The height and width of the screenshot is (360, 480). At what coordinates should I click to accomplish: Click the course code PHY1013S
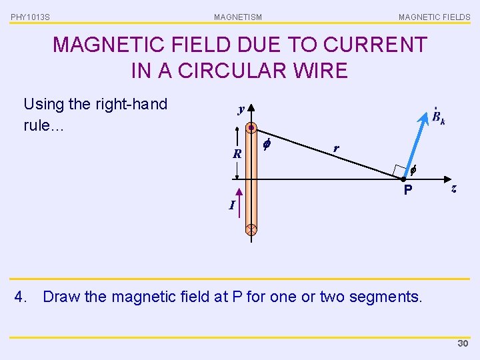(30, 17)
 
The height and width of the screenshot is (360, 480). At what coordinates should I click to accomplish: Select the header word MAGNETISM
(238, 17)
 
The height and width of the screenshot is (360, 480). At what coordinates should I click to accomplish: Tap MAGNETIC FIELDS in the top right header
(434, 17)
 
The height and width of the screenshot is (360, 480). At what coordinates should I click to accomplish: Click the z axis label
(453, 189)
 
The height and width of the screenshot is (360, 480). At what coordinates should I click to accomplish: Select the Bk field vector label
(438, 118)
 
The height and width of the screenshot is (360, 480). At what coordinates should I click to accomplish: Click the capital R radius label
(237, 154)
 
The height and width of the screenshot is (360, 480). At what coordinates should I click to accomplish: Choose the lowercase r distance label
(335, 148)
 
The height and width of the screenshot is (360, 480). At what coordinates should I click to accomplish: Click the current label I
(231, 205)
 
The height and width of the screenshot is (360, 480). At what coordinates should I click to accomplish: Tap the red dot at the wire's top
(251, 127)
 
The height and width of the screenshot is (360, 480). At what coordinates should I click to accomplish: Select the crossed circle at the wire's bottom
(251, 230)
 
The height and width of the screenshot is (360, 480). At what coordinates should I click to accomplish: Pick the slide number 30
(463, 343)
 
